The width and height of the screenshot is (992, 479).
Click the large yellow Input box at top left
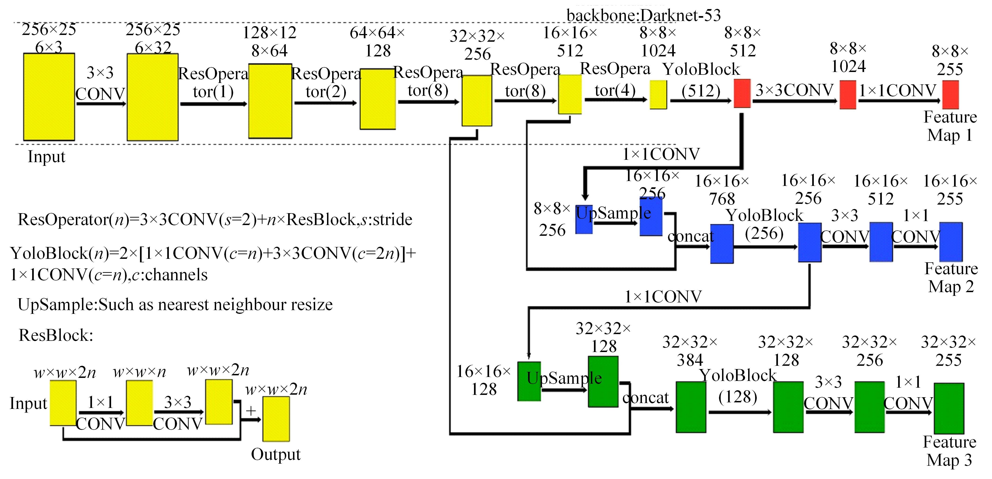(x=49, y=97)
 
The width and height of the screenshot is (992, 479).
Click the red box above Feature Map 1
(x=950, y=95)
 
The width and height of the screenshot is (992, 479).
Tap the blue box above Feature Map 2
(x=951, y=242)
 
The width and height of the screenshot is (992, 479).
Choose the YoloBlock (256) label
(x=764, y=224)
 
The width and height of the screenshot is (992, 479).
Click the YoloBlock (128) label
(x=738, y=385)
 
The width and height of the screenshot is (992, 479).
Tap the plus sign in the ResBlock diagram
(x=251, y=411)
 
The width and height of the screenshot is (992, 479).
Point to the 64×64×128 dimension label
(x=377, y=41)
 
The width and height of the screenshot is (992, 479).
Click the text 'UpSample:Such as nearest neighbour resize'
(x=175, y=305)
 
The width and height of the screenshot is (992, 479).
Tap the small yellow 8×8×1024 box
(x=658, y=95)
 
